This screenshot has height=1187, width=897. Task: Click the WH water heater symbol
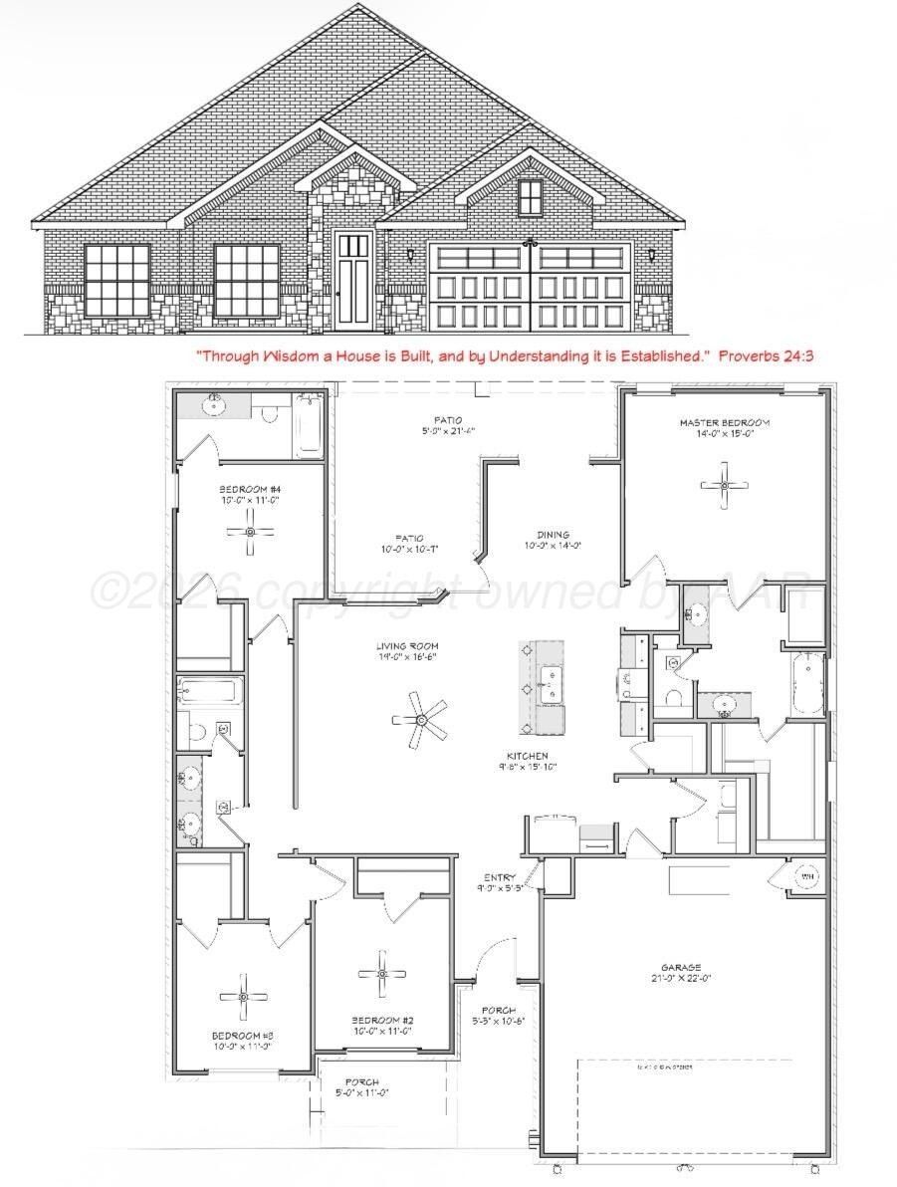pyautogui.click(x=807, y=876)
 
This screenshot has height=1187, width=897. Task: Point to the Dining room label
pyautogui.click(x=553, y=539)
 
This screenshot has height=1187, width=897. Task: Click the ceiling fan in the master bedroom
pyautogui.click(x=724, y=485)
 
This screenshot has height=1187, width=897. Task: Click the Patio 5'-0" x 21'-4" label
pyautogui.click(x=447, y=425)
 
